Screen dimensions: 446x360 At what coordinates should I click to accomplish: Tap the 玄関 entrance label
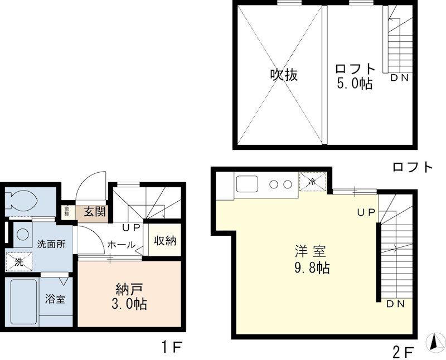coord(95,212)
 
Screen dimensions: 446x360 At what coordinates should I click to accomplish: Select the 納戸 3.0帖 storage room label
coord(129,296)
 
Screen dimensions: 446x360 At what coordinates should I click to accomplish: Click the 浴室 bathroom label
coord(55,299)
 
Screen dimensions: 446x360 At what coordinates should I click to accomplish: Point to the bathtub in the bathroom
coord(24,301)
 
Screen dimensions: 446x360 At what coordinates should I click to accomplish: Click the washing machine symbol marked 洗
coord(19,262)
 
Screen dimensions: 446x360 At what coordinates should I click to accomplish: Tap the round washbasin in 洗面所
coord(22,234)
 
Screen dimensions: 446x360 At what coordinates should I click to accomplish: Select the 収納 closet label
coord(165,241)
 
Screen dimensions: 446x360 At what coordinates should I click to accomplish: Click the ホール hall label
coord(122,245)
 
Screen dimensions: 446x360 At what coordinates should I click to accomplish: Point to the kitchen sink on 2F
coord(247,184)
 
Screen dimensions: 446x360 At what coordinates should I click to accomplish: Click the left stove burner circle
coord(274,184)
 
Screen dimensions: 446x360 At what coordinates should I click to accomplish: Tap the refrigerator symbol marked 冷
coord(312,181)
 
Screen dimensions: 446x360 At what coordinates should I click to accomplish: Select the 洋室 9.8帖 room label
coord(312,259)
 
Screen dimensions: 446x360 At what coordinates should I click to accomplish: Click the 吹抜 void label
coord(284,75)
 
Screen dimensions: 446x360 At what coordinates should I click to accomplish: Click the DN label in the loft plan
coord(400,77)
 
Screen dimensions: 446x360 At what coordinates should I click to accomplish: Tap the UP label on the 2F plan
coord(366,212)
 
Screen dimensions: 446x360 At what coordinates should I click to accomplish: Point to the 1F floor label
coord(172,347)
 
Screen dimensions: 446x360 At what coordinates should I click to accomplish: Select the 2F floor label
coord(404,353)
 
